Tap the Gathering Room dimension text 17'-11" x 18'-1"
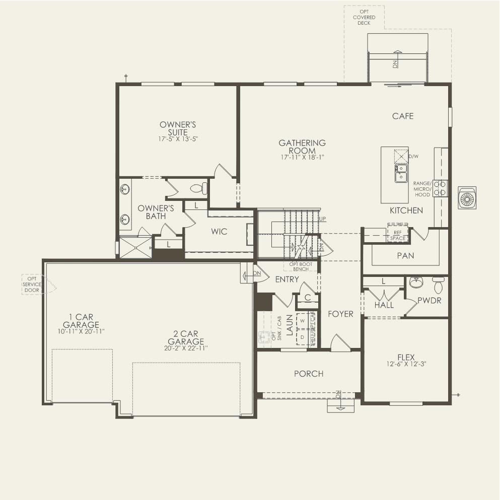click(x=302, y=157)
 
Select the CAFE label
click(x=403, y=116)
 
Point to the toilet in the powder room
click(x=438, y=285)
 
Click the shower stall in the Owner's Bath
click(x=135, y=248)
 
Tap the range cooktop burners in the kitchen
click(x=441, y=188)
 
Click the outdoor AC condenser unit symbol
click(x=467, y=198)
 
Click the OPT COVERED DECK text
click(x=364, y=17)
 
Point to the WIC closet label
click(x=219, y=232)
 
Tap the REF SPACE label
click(x=397, y=235)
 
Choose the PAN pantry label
click(x=405, y=256)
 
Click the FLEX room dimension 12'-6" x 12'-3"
click(x=406, y=364)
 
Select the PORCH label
click(x=309, y=374)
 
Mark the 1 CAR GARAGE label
click(x=81, y=321)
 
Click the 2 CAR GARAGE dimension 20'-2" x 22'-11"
click(x=186, y=348)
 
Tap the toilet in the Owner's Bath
click(x=198, y=189)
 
